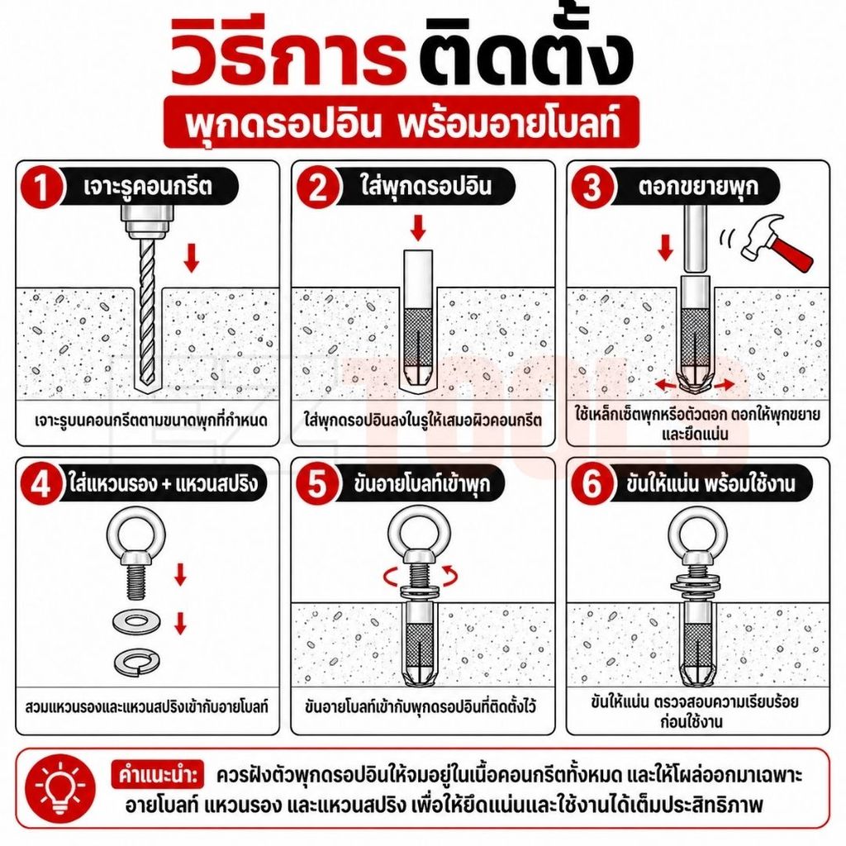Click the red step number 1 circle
pyautogui.click(x=41, y=187)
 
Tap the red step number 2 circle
pyautogui.click(x=318, y=187)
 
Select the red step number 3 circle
pyautogui.click(x=593, y=187)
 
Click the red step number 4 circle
pyautogui.click(x=41, y=484)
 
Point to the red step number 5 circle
pyautogui.click(x=318, y=484)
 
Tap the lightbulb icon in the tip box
pyautogui.click(x=60, y=789)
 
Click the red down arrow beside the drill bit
pyautogui.click(x=191, y=258)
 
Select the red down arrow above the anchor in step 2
pyautogui.click(x=418, y=227)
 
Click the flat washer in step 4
pyautogui.click(x=137, y=623)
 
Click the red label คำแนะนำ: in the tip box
pyautogui.click(x=158, y=775)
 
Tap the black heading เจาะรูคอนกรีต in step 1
pyautogui.click(x=148, y=187)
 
